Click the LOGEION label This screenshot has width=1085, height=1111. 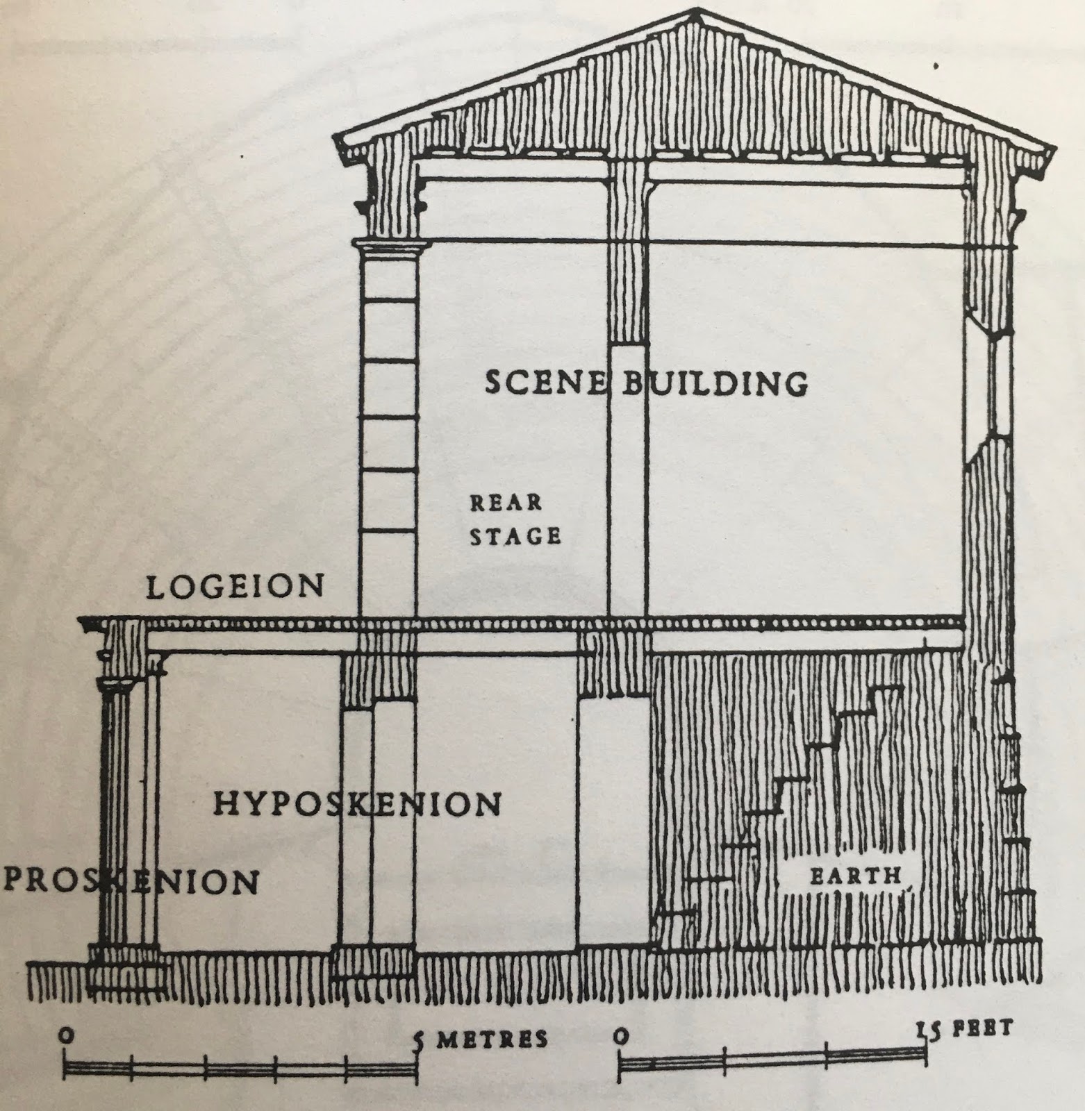click(235, 587)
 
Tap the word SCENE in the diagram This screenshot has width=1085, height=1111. click(545, 383)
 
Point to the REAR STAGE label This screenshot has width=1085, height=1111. click(514, 519)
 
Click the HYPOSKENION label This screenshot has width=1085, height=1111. click(356, 804)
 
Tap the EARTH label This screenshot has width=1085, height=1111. click(854, 876)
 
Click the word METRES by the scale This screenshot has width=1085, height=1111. click(492, 1039)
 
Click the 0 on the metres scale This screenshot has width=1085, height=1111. click(65, 1036)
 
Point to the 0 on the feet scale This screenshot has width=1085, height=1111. click(622, 1036)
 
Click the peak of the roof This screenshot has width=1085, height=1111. click(698, 12)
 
